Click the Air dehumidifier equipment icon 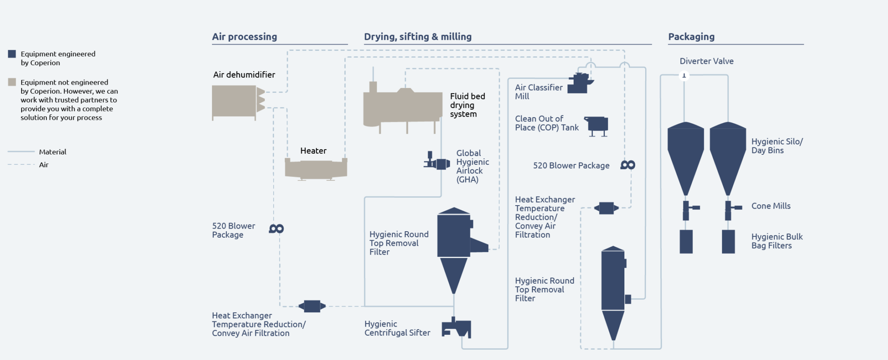236,101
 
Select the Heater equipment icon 316,168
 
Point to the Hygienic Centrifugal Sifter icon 457,328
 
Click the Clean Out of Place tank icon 597,125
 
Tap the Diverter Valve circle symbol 684,75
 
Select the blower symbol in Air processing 276,229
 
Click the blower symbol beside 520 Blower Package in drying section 627,165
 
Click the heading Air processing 245,37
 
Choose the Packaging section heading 691,37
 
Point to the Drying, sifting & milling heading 418,37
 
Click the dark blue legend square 12,54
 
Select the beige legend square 12,82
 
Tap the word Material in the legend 52,152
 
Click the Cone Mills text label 770,206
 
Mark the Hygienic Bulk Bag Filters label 777,241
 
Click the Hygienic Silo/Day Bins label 777,146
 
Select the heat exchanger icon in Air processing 312,306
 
